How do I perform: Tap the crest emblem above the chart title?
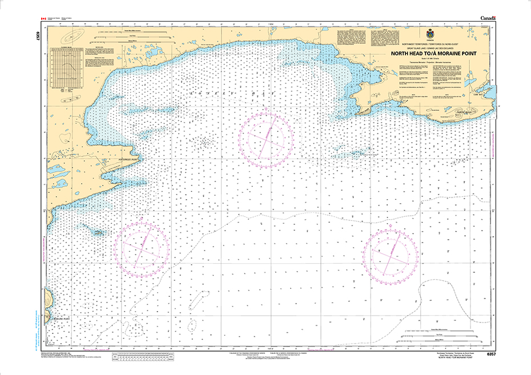428,33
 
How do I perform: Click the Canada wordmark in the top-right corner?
488,18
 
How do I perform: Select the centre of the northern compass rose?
266,138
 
